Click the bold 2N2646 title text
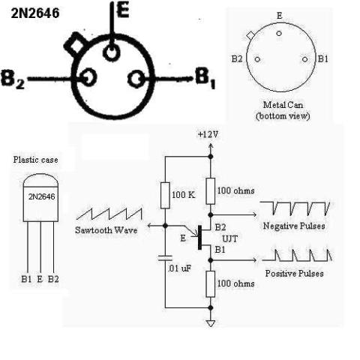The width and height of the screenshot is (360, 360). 35,13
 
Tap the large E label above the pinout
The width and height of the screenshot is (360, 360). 123,10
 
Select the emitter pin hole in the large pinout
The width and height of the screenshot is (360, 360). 111,52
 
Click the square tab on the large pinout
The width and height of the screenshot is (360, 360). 76,44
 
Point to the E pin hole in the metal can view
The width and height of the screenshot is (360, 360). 279,33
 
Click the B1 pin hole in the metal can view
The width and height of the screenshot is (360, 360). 304,59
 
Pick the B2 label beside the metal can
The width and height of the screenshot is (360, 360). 237,59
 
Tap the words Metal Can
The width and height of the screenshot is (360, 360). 283,104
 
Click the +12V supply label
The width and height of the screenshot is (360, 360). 208,134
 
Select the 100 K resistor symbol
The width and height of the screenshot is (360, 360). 165,195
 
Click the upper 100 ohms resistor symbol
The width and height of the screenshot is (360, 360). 211,191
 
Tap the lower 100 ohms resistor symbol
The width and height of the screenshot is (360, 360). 211,283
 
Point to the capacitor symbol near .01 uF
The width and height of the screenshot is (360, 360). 165,258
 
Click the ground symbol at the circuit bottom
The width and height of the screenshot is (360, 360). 211,324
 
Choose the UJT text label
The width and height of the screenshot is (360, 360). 229,239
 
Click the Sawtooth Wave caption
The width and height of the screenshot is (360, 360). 106,230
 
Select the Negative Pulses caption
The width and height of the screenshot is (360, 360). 294,226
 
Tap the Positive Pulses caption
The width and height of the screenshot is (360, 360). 294,273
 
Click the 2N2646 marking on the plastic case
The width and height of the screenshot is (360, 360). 41,196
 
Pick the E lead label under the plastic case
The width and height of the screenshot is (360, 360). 40,279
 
